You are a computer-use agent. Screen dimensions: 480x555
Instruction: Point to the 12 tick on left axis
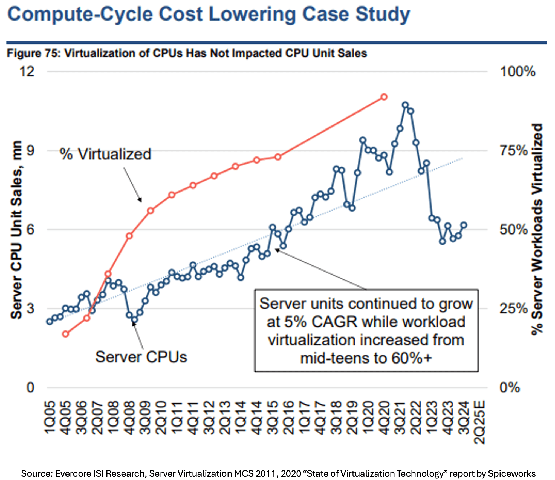tap(27, 72)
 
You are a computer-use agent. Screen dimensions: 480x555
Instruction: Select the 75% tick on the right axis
tap(514, 150)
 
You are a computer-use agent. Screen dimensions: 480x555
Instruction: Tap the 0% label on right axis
tap(509, 387)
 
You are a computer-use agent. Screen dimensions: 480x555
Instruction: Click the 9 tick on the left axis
tap(30, 150)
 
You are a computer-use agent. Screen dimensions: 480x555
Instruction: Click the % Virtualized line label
tap(105, 154)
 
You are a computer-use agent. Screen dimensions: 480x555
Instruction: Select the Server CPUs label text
tap(141, 357)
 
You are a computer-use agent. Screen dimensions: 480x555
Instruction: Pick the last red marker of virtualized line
tap(384, 97)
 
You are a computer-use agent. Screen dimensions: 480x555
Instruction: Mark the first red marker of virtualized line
tap(65, 334)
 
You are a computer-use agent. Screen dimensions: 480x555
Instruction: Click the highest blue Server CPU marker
tap(405, 105)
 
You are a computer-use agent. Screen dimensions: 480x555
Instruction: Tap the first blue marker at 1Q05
tap(49, 321)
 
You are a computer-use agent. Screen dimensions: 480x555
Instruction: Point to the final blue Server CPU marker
tap(464, 225)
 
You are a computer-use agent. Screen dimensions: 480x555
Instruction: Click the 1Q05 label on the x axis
tap(50, 418)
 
